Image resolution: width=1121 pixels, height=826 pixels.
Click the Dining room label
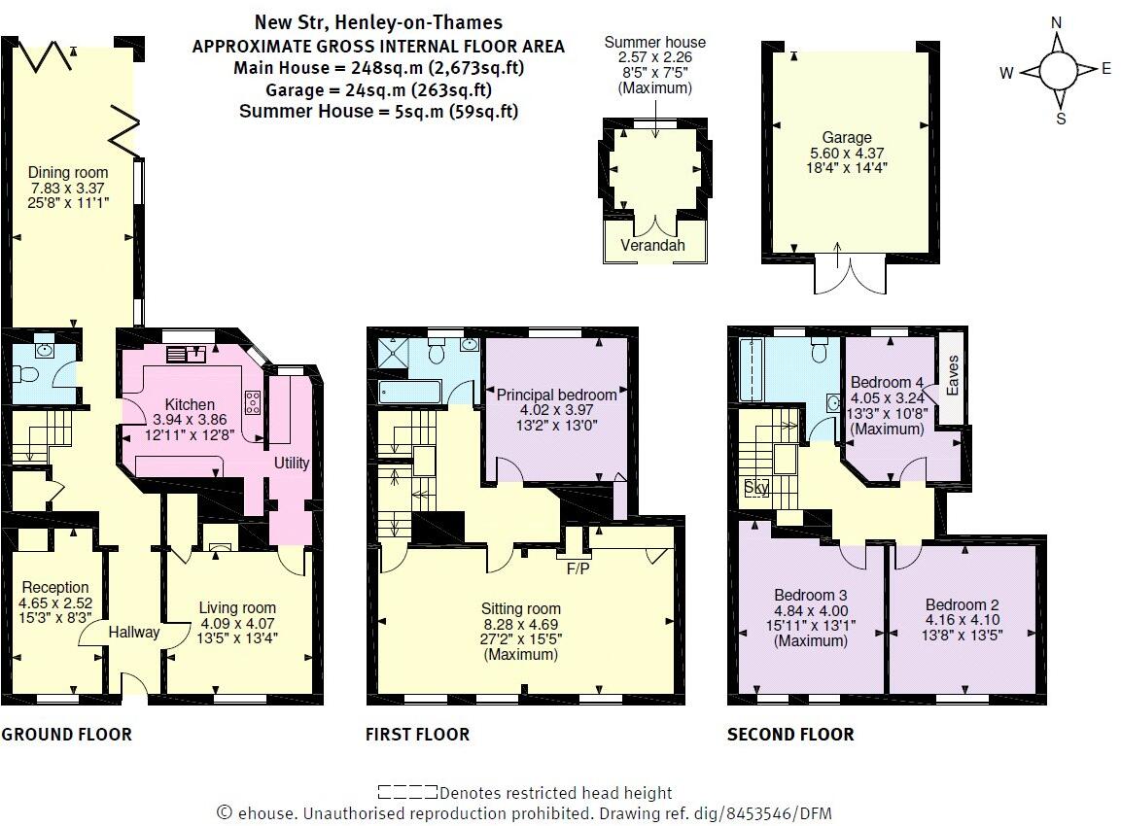coord(68,172)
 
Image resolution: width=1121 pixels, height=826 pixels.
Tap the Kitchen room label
coord(190,404)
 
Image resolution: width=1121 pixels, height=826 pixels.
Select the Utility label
coord(292,463)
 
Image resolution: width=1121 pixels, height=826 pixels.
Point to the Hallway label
coord(134,632)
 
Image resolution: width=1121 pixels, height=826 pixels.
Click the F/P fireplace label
coord(578,568)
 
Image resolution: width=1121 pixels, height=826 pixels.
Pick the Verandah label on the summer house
coord(652,245)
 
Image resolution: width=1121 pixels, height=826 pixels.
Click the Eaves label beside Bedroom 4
coord(952,375)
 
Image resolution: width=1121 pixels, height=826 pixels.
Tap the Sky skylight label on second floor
coord(756,487)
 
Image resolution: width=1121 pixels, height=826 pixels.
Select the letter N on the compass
coord(1057,23)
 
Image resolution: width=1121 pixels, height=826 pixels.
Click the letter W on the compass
coord(1006,72)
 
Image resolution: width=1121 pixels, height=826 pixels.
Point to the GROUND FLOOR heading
coord(66,735)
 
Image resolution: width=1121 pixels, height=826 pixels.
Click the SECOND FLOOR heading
coord(790,735)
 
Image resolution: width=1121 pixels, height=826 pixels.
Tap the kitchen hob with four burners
coord(253,402)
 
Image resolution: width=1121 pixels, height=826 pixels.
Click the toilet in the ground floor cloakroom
coord(25,375)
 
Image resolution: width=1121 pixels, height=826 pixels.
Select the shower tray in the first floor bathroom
coord(393,350)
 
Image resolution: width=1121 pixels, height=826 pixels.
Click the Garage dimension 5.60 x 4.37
coord(847,153)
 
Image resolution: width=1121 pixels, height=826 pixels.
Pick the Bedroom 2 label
coord(963,604)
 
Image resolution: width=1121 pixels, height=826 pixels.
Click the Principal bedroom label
coord(556,395)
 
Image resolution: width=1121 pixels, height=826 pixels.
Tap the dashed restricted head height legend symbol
coord(407,792)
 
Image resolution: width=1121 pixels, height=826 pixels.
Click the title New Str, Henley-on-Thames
coord(378,23)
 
